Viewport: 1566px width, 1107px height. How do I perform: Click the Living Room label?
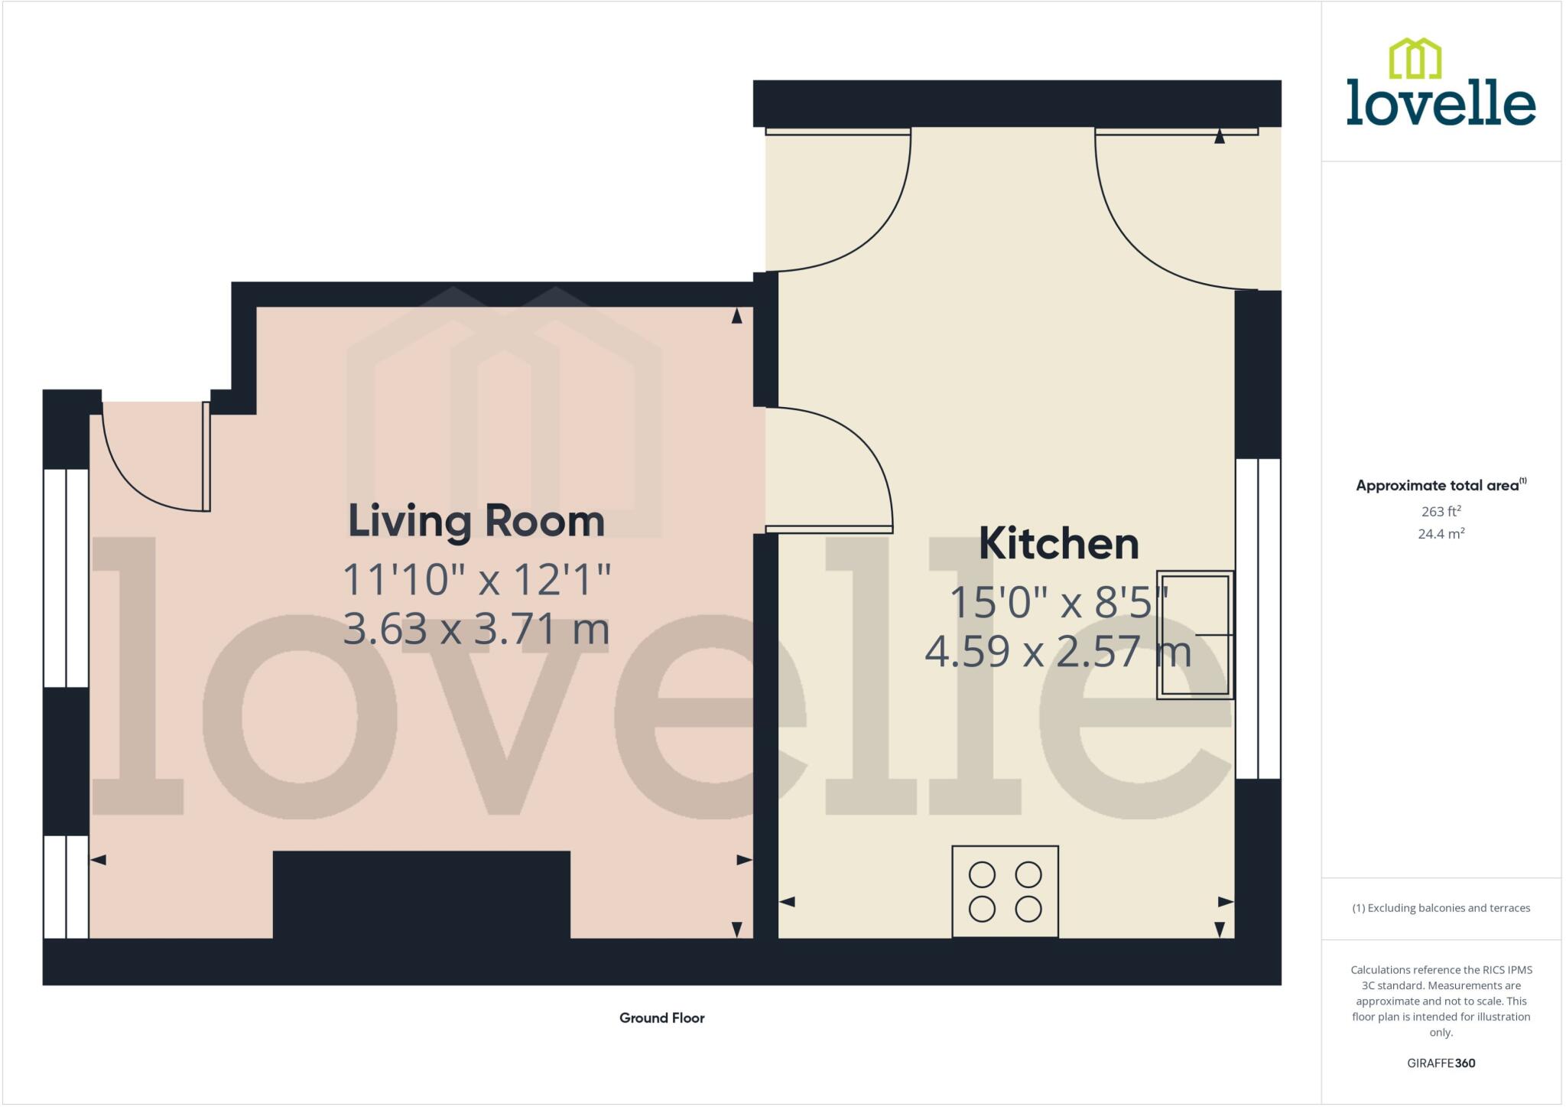pyautogui.click(x=476, y=522)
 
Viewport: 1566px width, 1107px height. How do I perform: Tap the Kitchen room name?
pyautogui.click(x=1058, y=544)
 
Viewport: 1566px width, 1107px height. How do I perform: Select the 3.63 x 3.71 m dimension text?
pyautogui.click(x=476, y=629)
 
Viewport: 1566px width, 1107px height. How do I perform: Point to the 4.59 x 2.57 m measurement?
pyautogui.click(x=1058, y=652)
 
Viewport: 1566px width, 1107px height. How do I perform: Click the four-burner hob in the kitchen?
pyautogui.click(x=1005, y=891)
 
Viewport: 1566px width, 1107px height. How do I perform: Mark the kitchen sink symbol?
pyautogui.click(x=1194, y=634)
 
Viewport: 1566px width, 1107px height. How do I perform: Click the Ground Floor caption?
pyautogui.click(x=661, y=1017)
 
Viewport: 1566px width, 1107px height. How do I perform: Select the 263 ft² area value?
pyautogui.click(x=1441, y=511)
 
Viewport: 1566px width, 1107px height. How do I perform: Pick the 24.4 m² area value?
pyautogui.click(x=1441, y=533)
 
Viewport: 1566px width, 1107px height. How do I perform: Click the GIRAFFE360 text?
pyautogui.click(x=1441, y=1063)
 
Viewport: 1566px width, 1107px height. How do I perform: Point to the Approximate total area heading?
pyautogui.click(x=1441, y=485)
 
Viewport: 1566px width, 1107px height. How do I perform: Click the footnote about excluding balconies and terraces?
pyautogui.click(x=1441, y=908)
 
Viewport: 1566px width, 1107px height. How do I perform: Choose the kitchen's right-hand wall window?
pyautogui.click(x=1258, y=618)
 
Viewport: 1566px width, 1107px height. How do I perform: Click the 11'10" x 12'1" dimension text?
pyautogui.click(x=476, y=579)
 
